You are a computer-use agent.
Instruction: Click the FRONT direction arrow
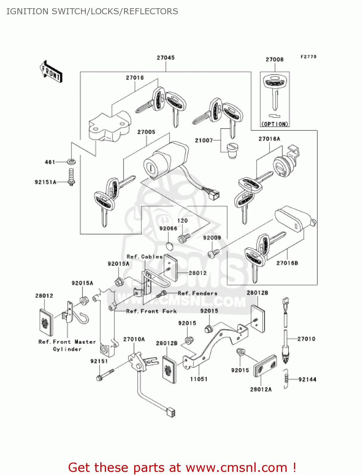[x=51, y=72]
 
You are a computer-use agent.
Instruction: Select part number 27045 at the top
[x=166, y=58]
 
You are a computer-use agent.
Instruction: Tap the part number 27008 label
[x=274, y=60]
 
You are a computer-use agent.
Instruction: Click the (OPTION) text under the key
[x=275, y=124]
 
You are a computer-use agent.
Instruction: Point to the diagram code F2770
[x=308, y=57]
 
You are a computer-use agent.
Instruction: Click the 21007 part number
[x=204, y=140]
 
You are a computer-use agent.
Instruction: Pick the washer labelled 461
[x=72, y=162]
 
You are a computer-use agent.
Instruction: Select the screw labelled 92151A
[x=72, y=177]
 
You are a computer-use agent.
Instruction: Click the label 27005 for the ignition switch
[x=146, y=132]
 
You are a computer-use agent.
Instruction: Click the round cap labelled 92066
[x=170, y=246]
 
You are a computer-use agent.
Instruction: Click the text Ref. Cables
[x=144, y=256]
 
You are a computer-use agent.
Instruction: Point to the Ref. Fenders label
[x=197, y=293]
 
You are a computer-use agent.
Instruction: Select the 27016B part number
[x=287, y=263]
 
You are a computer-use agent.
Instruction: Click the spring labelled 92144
[x=286, y=378]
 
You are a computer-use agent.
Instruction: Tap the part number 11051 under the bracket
[x=198, y=379]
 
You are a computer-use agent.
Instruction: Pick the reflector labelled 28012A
[x=265, y=366]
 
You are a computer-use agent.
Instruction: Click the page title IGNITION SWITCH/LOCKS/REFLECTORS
[x=92, y=11]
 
